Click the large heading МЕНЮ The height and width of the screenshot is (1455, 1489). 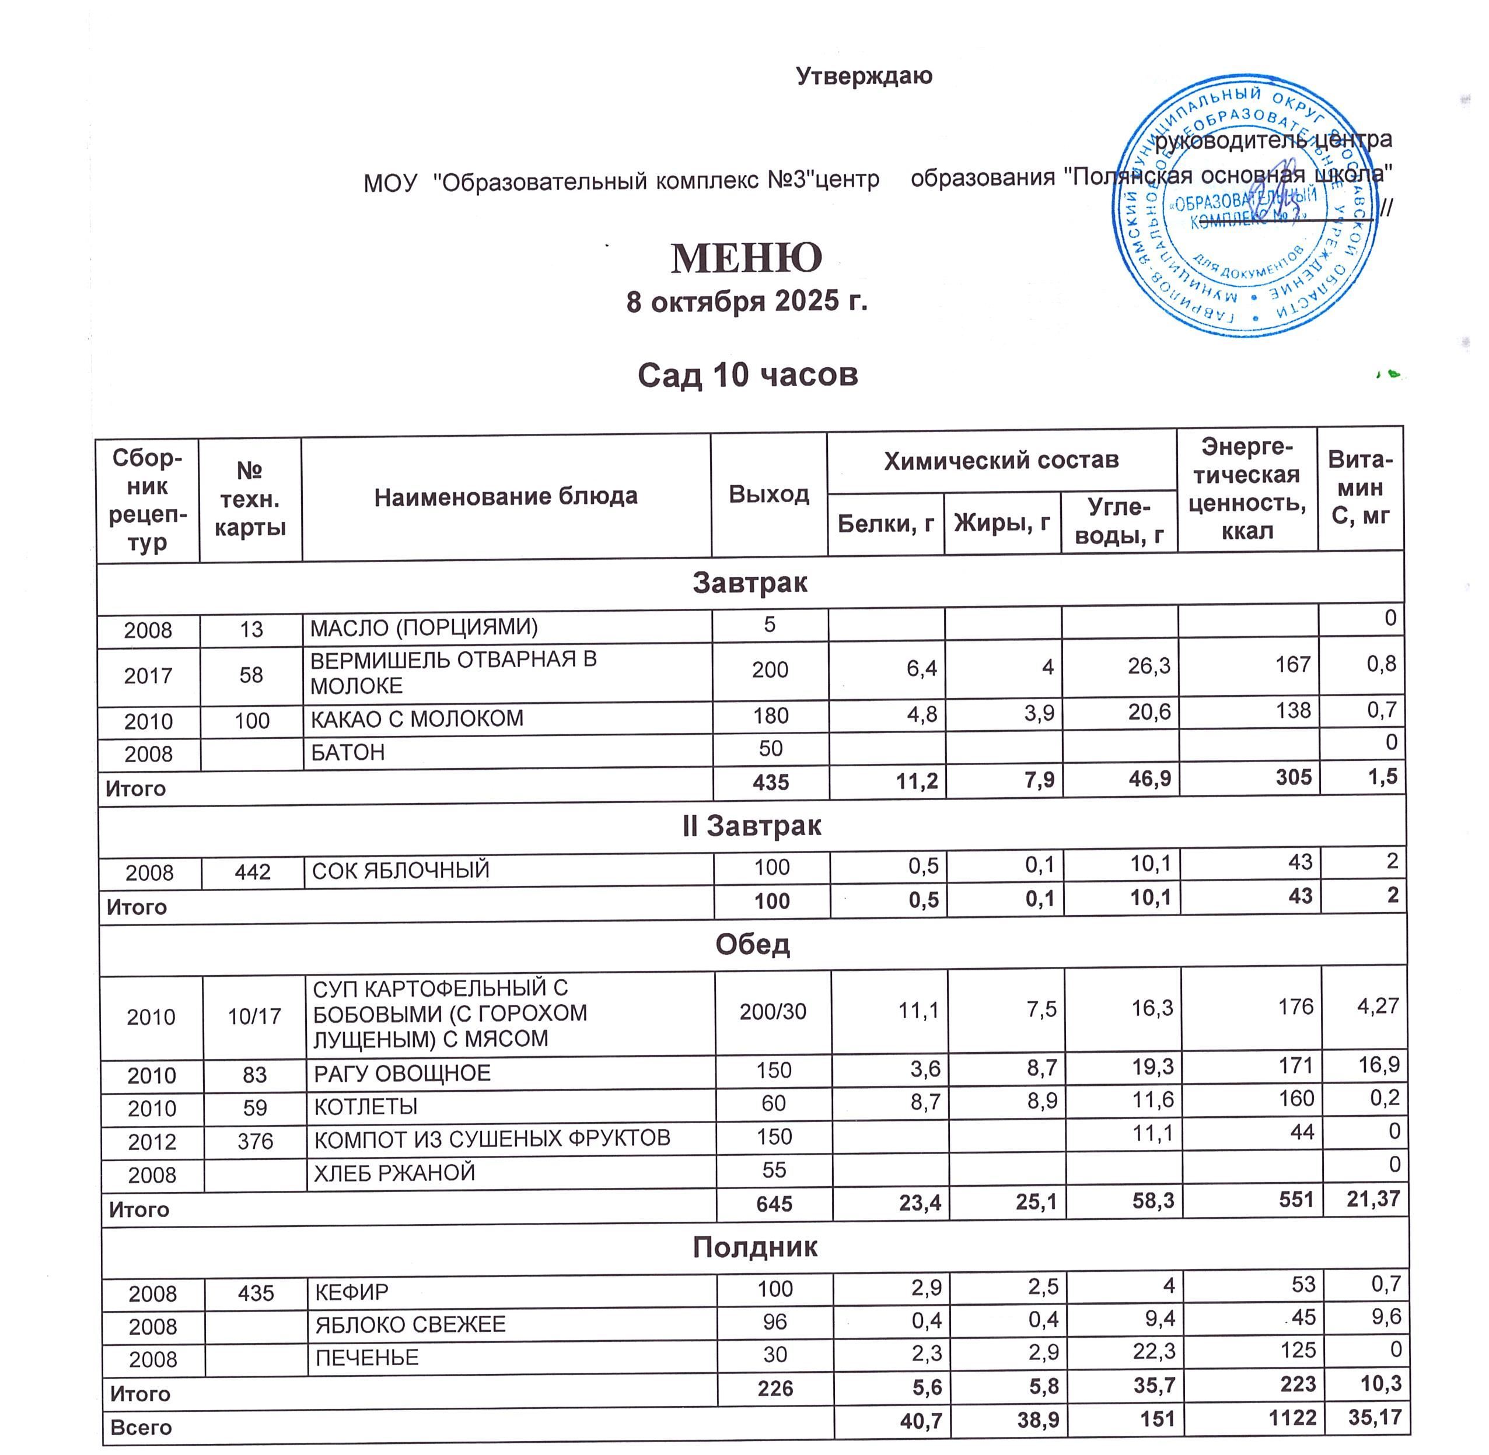click(746, 258)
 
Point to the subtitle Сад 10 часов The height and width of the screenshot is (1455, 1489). click(747, 375)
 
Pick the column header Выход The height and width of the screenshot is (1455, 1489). click(768, 495)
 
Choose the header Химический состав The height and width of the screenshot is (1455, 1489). click(1001, 460)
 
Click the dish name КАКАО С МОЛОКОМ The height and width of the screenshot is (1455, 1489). click(417, 719)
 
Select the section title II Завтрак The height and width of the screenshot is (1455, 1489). click(752, 826)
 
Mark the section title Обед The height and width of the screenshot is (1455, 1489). click(752, 945)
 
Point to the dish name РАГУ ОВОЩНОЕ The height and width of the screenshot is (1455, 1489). click(402, 1074)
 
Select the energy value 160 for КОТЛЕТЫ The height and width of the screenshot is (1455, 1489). click(1295, 1099)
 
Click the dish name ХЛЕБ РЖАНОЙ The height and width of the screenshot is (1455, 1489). click(394, 1173)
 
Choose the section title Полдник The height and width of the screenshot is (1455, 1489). click(754, 1247)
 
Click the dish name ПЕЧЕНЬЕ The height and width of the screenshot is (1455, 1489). click(367, 1358)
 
